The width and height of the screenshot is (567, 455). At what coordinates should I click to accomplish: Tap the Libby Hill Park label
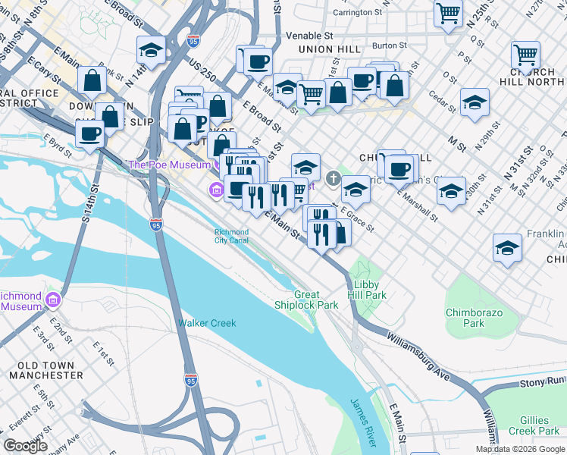click(367, 290)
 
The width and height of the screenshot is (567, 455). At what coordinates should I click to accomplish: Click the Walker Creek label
click(207, 323)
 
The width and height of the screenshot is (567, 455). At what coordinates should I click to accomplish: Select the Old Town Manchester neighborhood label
click(42, 370)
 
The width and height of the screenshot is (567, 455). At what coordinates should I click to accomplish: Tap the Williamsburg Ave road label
click(425, 356)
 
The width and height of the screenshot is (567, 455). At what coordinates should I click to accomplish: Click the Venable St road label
click(309, 35)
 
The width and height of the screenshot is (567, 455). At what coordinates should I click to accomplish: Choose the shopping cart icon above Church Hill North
click(525, 55)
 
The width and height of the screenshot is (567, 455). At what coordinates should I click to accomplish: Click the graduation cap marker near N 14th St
click(152, 51)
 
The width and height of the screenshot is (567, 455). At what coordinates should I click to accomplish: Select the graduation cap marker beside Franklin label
click(507, 248)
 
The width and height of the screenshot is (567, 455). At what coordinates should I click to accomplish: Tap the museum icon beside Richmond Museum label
click(53, 300)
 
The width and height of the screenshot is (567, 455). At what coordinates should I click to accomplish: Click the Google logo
click(26, 446)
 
